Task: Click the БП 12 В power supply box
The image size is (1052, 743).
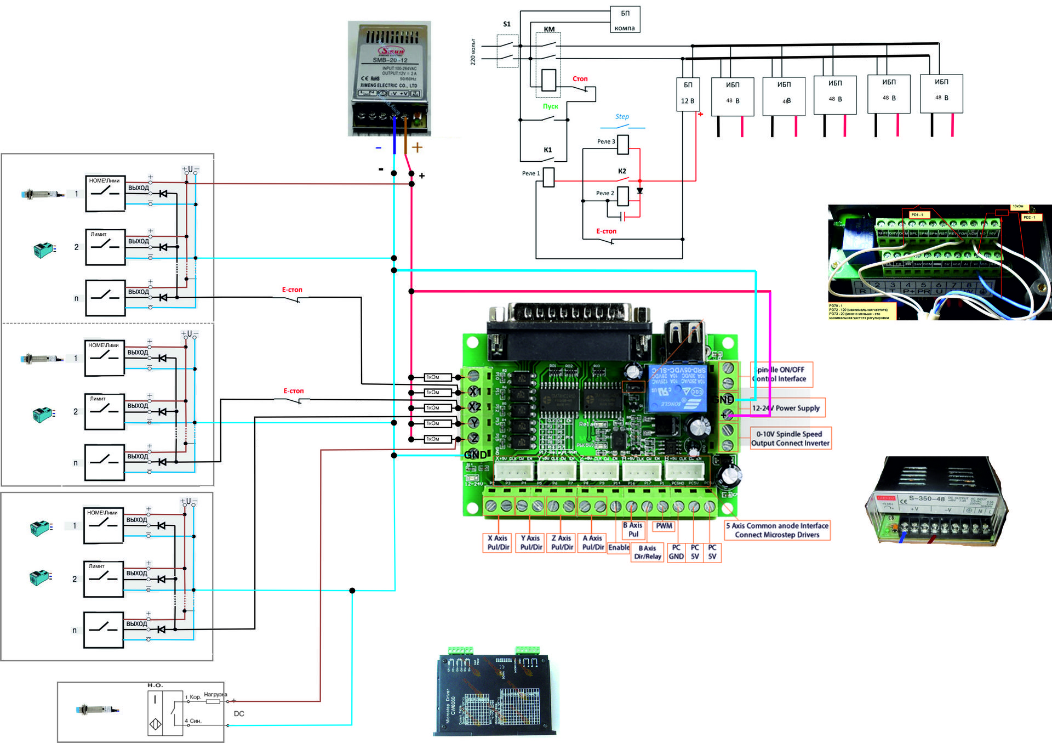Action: [688, 94]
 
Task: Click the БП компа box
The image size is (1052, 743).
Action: [625, 20]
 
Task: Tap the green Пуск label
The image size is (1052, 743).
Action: [550, 106]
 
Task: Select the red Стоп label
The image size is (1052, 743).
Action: [580, 79]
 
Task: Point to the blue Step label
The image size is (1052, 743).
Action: [622, 117]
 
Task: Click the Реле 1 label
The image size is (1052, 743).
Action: [530, 173]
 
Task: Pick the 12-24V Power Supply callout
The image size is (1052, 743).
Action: [786, 408]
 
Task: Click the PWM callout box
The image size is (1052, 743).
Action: [664, 526]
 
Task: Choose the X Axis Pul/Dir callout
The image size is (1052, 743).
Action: [498, 542]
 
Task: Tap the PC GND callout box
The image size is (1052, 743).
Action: [676, 552]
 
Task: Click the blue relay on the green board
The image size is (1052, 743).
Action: [677, 388]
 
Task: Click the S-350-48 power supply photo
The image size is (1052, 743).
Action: [936, 502]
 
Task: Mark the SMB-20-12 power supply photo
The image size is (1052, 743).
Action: [390, 78]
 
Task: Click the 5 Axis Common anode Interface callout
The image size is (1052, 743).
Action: [777, 530]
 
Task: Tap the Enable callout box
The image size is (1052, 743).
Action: [619, 547]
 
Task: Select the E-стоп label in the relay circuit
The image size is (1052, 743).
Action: [606, 231]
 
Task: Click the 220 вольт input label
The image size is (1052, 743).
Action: [472, 52]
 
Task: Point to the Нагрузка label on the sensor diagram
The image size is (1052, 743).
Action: [215, 694]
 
